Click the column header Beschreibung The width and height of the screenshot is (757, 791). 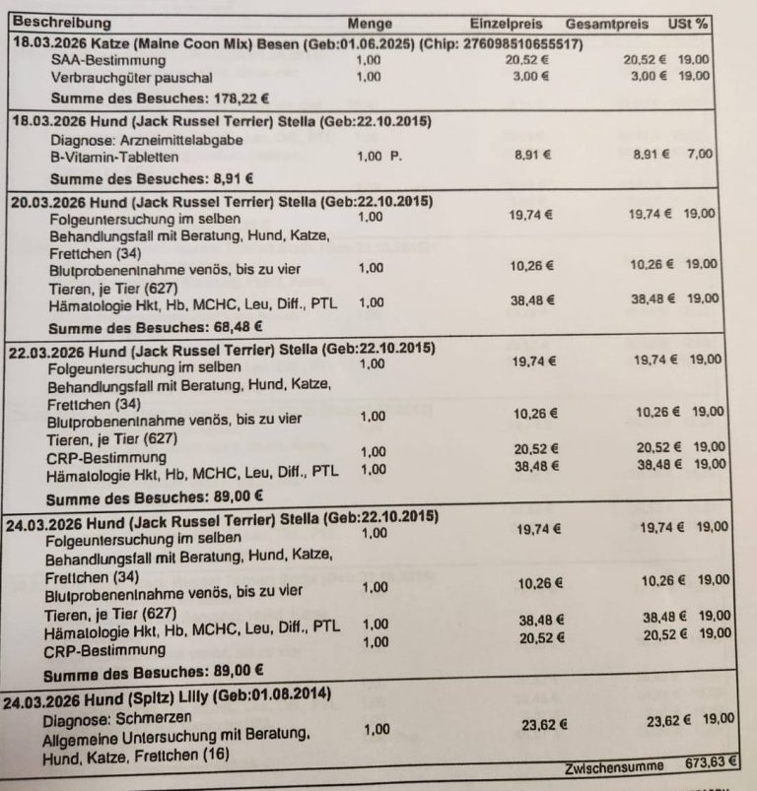[x=61, y=23]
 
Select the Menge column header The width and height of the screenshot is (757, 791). [x=370, y=24]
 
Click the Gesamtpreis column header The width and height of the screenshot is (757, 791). [x=607, y=23]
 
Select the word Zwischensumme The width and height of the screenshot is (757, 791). [x=609, y=766]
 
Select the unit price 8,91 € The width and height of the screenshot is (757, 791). [x=532, y=155]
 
